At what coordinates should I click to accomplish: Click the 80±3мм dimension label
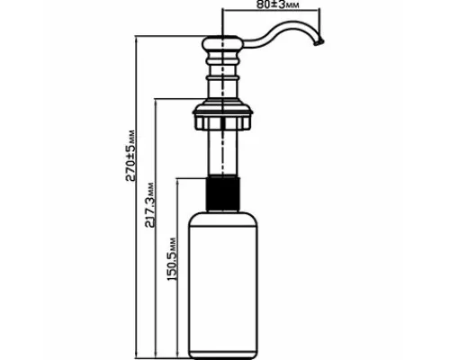278,4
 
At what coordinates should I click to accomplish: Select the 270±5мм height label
130,156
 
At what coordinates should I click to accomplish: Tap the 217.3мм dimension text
149,205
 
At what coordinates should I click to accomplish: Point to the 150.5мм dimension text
171,259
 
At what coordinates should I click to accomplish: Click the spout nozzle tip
319,42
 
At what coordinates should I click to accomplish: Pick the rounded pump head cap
222,42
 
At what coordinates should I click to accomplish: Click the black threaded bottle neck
222,193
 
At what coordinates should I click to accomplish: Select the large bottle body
222,285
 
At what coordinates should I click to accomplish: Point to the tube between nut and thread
222,152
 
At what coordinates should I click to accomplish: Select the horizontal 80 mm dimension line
271,11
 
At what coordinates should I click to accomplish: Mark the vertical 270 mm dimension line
137,197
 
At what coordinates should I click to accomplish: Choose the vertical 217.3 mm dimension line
156,228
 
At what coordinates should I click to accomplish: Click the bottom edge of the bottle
222,358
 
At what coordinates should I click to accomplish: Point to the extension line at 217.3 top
180,98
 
